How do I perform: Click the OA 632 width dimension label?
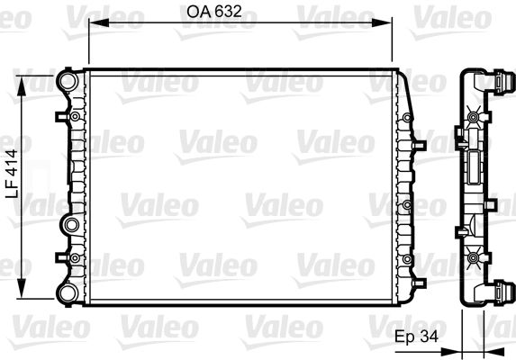(x=215, y=13)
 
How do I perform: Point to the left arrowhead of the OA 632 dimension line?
(x=92, y=27)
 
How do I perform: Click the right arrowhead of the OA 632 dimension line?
(x=390, y=27)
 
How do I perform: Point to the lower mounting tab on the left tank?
(x=60, y=258)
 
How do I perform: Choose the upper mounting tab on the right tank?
(x=418, y=142)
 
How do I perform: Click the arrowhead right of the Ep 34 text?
(x=458, y=337)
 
